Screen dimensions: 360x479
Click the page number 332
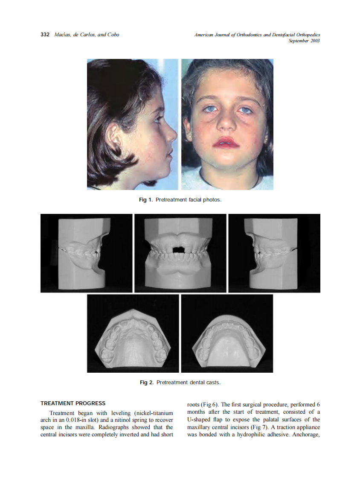point(45,35)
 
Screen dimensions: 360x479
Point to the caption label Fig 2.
point(146,383)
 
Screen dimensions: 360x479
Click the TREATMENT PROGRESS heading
point(73,403)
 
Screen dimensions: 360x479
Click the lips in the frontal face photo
point(226,142)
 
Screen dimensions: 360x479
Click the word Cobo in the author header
point(113,35)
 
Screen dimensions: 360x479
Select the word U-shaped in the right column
point(200,420)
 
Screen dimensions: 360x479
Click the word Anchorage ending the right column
point(305,434)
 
